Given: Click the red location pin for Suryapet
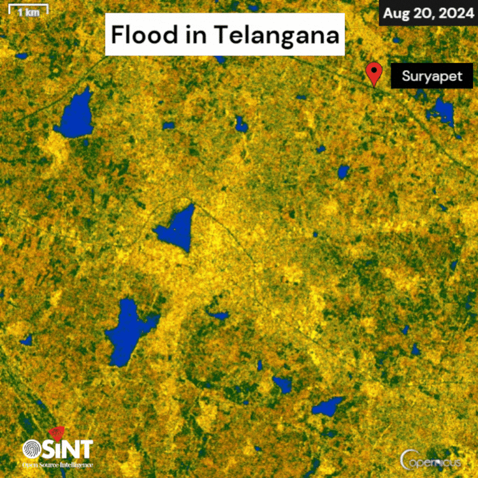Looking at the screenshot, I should [x=373, y=73].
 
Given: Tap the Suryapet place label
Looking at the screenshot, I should [x=428, y=77].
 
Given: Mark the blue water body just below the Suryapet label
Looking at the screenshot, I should [x=442, y=111].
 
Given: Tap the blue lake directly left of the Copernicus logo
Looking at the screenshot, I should [x=329, y=406].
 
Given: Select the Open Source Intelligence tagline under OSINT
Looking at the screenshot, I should [x=57, y=463].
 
